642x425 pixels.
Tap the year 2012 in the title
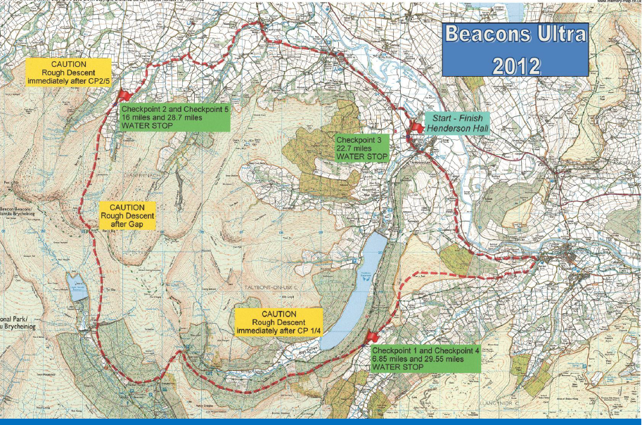coord(515,65)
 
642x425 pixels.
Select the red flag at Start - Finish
coord(414,127)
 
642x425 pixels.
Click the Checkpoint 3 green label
coord(362,148)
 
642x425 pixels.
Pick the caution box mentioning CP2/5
coord(68,72)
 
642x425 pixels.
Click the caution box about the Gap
coord(127,216)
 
